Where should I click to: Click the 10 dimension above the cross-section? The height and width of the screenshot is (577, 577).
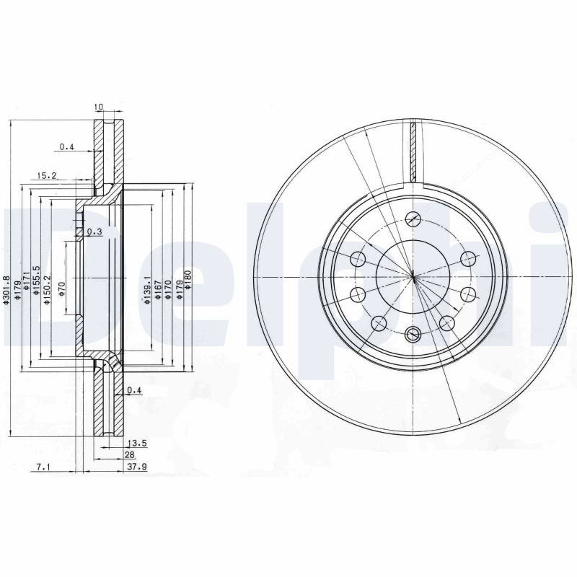click(x=99, y=107)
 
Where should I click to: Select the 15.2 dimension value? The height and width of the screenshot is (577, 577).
click(x=46, y=175)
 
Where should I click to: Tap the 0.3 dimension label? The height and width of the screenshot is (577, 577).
click(x=95, y=232)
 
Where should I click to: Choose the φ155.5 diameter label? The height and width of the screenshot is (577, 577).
click(x=36, y=281)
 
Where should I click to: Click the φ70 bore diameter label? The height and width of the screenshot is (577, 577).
click(x=61, y=290)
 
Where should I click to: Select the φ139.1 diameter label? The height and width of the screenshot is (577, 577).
click(x=148, y=291)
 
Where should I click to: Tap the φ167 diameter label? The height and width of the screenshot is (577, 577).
click(x=158, y=291)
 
